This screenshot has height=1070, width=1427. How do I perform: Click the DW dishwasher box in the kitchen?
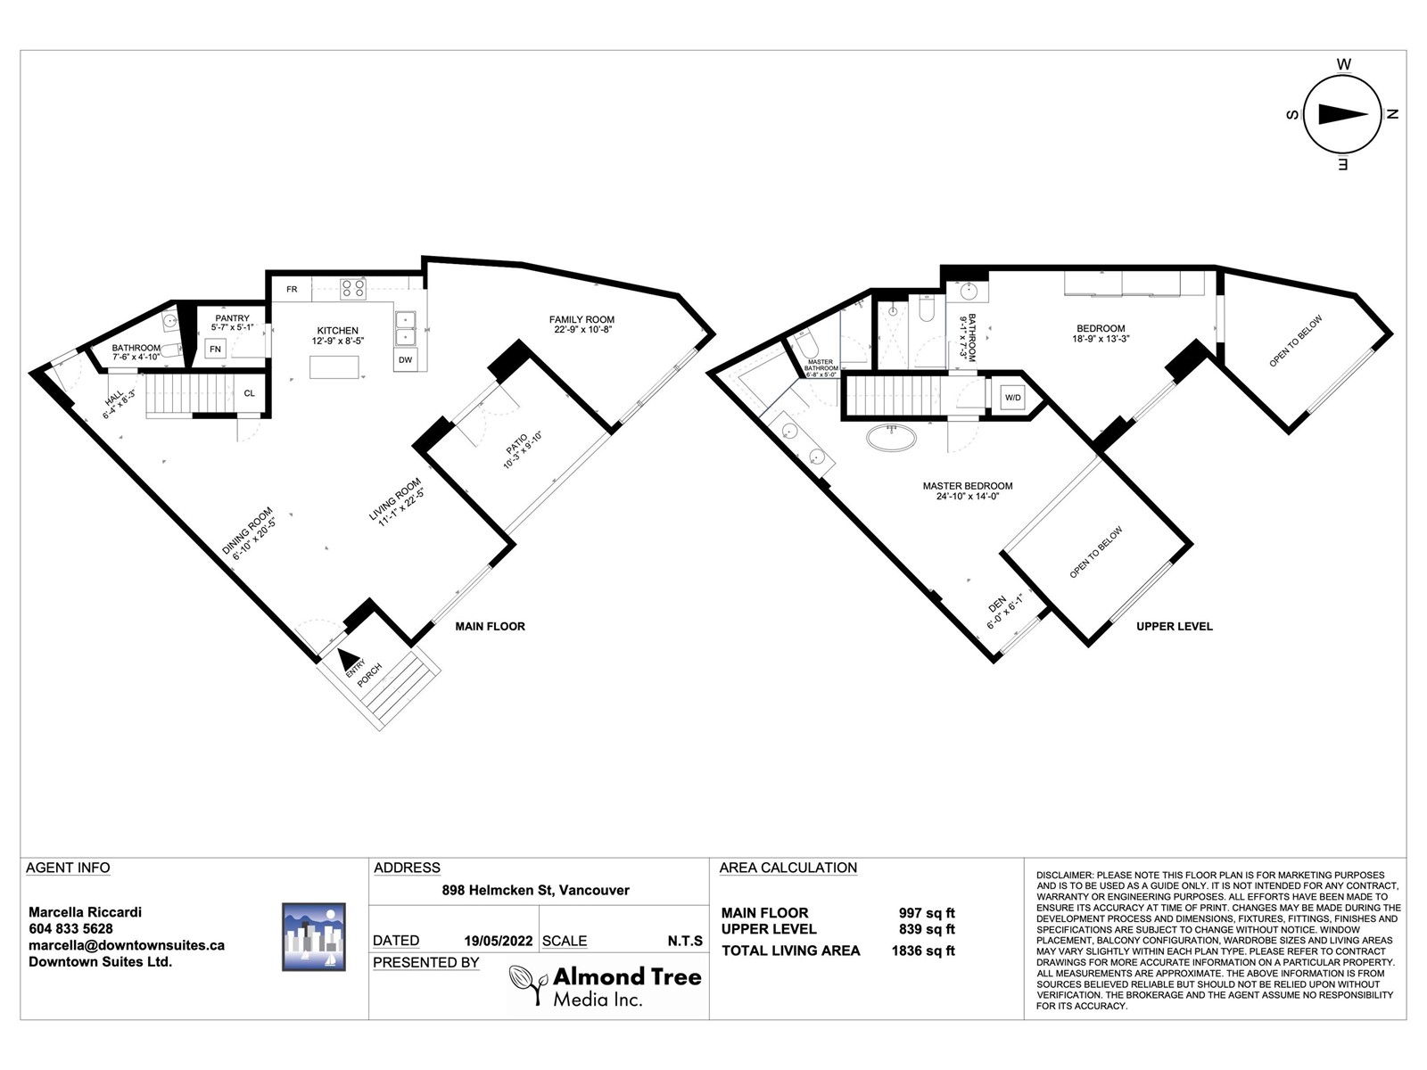coord(406,359)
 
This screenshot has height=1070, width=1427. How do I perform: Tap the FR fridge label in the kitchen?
coord(292,289)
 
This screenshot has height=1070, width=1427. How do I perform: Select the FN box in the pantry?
coord(215,349)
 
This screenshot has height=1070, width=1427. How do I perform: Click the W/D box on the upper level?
coord(1012,398)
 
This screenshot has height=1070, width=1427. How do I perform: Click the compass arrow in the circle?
coord(1342,114)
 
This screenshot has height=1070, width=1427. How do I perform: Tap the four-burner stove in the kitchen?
coord(353,288)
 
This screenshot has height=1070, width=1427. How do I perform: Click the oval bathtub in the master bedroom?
coord(891,438)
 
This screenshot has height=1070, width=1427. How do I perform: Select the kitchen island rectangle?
coord(334,366)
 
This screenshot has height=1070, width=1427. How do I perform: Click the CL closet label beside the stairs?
coord(249,393)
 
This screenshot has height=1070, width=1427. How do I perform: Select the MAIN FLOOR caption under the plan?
coord(490,626)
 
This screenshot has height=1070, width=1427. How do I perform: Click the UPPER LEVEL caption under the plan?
coord(1174,626)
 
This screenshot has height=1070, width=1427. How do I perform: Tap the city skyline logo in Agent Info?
coord(313,937)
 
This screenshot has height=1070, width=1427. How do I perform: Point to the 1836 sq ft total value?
coord(923,951)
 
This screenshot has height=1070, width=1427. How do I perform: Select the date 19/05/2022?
coord(498,941)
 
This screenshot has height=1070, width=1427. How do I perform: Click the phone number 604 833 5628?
coord(70,928)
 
